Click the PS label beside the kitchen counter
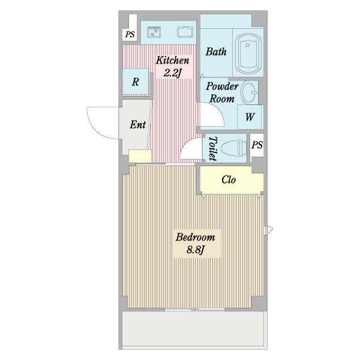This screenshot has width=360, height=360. [x=130, y=34]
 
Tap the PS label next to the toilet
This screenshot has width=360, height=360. [x=257, y=145]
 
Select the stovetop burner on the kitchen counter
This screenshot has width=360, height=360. [x=154, y=32]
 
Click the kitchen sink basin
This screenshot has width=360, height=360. [x=185, y=32]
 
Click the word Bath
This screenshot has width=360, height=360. [x=216, y=52]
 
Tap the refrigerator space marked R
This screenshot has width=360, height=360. [x=136, y=82]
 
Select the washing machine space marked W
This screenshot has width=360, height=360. [x=250, y=117]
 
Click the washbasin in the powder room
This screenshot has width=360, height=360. [x=249, y=92]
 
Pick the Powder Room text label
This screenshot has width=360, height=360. [x=222, y=92]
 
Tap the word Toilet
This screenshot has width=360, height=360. [x=212, y=149]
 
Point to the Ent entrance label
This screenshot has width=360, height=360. [x=138, y=125]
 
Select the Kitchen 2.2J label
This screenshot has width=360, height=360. [x=173, y=67]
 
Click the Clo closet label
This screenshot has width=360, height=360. [x=229, y=179]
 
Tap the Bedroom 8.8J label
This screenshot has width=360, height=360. [x=196, y=243]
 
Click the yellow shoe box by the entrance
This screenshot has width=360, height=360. [x=140, y=156]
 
